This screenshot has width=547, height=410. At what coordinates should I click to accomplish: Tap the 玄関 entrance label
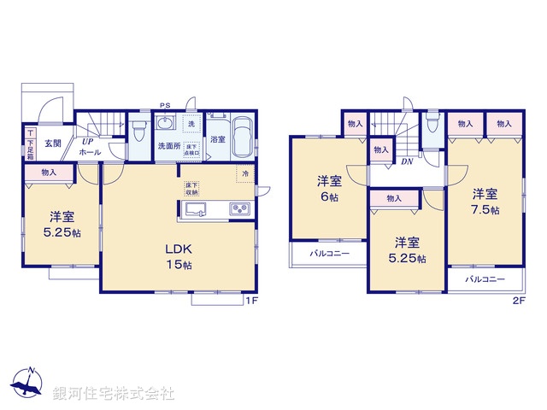click(x=52, y=143)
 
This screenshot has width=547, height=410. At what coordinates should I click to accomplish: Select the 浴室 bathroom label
click(x=218, y=139)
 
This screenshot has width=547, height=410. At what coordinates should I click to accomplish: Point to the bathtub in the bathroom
click(x=242, y=137)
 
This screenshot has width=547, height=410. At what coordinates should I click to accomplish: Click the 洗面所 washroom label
click(x=168, y=146)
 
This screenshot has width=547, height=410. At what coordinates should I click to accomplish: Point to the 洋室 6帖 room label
click(x=329, y=188)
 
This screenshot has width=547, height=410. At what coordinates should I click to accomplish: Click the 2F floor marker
click(x=518, y=301)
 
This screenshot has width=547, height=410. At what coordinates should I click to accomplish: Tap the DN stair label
click(x=408, y=161)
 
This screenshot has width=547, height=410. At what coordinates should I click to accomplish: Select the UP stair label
click(x=88, y=141)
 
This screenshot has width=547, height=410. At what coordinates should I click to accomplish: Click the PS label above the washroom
click(x=164, y=106)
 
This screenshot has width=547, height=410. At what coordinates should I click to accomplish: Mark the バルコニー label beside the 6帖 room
click(x=318, y=255)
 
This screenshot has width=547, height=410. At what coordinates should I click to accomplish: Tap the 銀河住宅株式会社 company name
click(x=113, y=394)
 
